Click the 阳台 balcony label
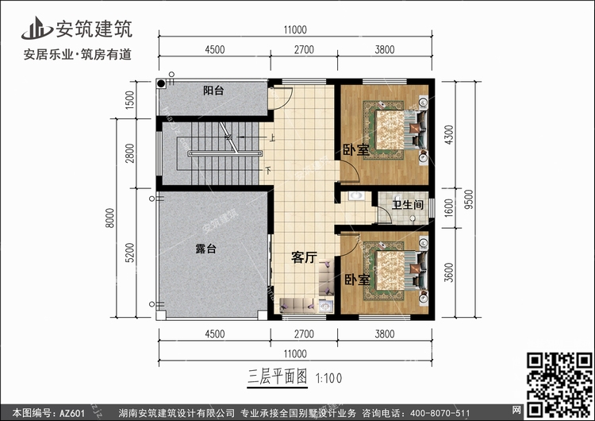tap(213, 91)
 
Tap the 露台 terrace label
tap(205, 249)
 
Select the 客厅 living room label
tap(304, 257)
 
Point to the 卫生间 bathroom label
tap(408, 205)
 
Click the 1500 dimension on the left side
tap(129, 100)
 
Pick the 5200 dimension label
tap(129, 253)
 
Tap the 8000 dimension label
tap(109, 218)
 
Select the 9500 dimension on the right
tap(469, 199)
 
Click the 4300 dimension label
tap(448, 135)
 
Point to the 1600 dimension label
tap(448, 208)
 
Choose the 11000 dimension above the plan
tap(295, 29)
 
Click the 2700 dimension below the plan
tap(304, 334)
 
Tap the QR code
tap(559, 385)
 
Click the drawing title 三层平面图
tap(278, 377)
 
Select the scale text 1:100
tap(328, 378)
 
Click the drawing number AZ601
tap(72, 413)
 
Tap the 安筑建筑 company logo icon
tap(36, 28)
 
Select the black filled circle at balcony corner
tap(161, 83)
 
